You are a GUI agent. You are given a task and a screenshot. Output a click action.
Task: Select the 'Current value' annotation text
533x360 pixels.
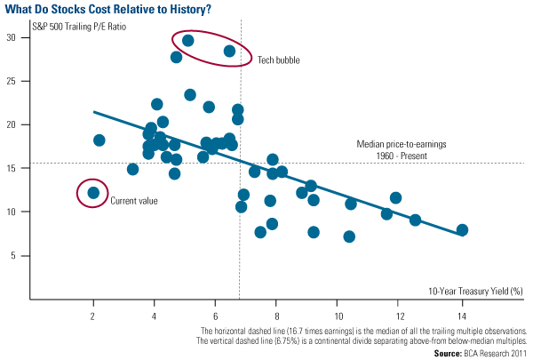point(134,201)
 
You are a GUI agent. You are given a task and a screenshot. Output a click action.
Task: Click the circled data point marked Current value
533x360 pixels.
point(93,192)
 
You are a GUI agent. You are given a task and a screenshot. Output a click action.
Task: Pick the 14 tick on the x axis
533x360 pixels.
point(462,315)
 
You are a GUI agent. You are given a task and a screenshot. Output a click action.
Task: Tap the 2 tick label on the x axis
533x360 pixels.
point(93,315)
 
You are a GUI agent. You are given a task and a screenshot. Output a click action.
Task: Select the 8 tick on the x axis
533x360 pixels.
point(277,315)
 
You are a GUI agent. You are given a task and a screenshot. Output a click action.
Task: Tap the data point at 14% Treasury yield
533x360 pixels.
point(462,230)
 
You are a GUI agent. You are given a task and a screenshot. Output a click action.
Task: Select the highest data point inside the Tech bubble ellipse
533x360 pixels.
point(187,40)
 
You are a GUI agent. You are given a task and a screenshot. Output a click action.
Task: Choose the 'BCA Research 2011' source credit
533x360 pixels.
point(500,353)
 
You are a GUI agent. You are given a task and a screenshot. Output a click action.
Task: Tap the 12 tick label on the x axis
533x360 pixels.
point(400,315)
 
